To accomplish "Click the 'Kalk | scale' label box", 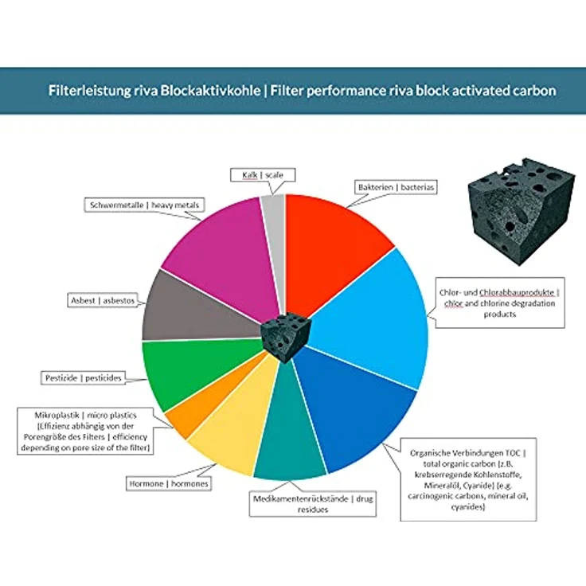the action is click(x=263, y=175).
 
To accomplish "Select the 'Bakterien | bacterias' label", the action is click(x=396, y=187).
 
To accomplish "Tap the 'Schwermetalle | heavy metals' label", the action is click(x=144, y=205).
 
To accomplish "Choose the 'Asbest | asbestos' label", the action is click(x=103, y=300).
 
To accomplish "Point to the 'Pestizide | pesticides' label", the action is click(x=83, y=378).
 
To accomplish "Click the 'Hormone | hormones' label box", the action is click(x=169, y=483).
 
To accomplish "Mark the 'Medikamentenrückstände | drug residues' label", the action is click(x=313, y=504).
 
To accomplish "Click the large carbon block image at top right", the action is click(x=522, y=211).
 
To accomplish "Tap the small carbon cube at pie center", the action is click(x=286, y=337).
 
